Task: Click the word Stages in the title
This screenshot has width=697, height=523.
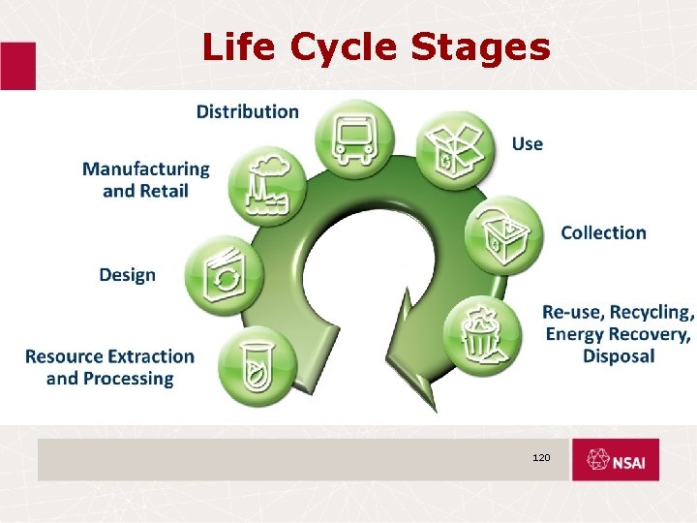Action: coord(488,46)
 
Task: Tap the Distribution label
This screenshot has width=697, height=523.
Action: coord(248,111)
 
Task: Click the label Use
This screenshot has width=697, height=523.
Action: coord(527,144)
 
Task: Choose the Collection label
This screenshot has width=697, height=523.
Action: coord(603,232)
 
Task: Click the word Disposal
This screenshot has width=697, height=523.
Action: coord(619,356)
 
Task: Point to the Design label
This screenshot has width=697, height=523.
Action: coord(127,275)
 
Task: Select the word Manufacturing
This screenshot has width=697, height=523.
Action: coord(145,169)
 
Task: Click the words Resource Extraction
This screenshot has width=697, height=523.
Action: coord(109,356)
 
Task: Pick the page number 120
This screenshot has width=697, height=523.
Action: coord(540,456)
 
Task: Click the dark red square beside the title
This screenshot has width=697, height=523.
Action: coord(17,65)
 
